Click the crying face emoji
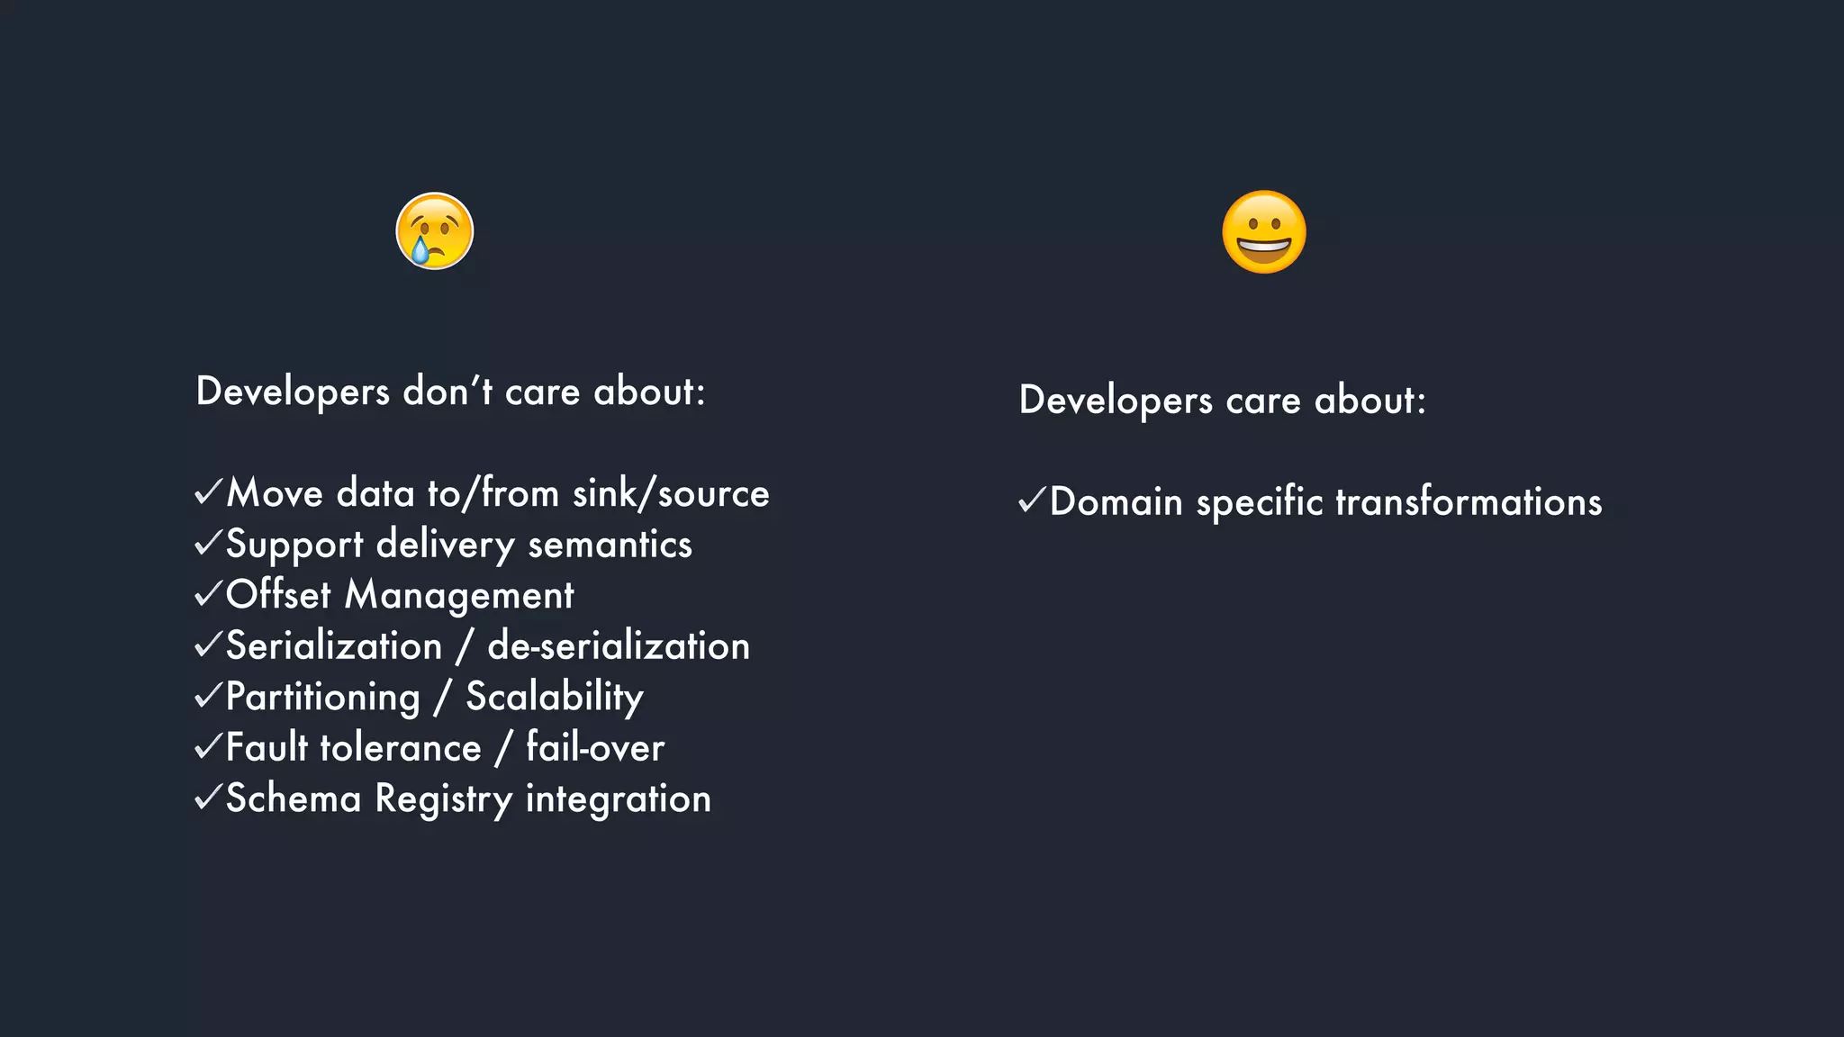point(435,231)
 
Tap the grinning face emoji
point(1264,231)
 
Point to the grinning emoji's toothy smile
point(1264,246)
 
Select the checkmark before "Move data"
point(208,491)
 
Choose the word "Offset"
point(278,595)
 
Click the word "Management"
point(459,596)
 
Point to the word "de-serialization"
point(619,646)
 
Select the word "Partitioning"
point(322,698)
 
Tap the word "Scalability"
point(555,698)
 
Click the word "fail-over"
point(595,748)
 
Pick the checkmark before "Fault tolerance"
point(208,746)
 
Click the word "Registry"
point(444,799)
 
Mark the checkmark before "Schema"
point(208,797)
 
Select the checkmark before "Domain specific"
point(1032,500)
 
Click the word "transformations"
point(1469,502)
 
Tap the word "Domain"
point(1116,502)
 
